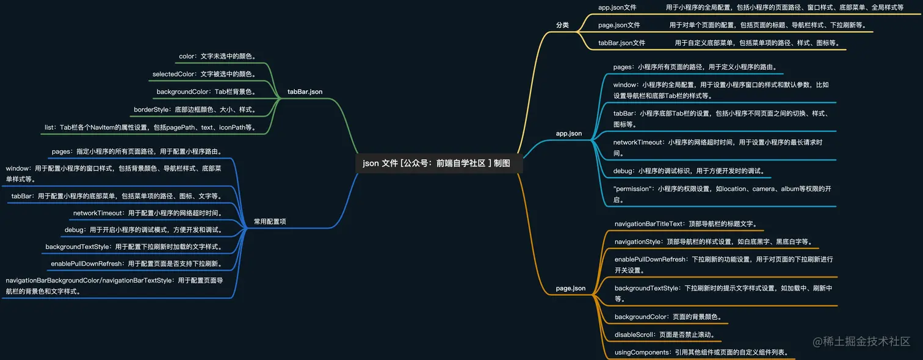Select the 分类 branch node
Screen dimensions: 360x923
[562, 25]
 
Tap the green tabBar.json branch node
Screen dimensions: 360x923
[305, 92]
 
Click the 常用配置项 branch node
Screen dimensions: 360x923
[270, 221]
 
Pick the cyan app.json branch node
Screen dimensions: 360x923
[568, 133]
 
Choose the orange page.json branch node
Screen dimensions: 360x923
[570, 288]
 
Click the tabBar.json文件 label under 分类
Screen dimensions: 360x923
[621, 43]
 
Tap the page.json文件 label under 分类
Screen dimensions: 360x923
[619, 25]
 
